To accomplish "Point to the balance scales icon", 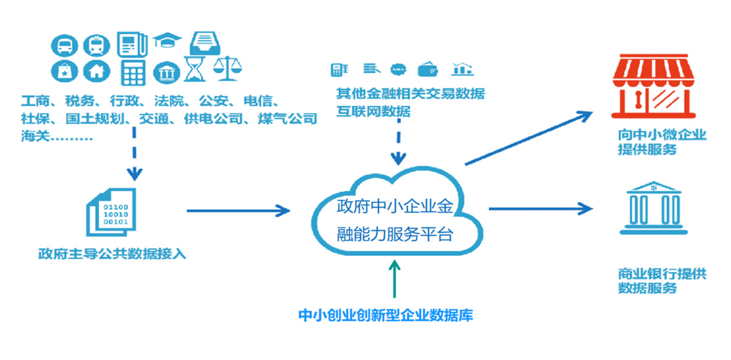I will pos(227,69).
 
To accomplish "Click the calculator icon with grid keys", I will pos(133,73).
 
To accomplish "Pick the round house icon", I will pos(96,71).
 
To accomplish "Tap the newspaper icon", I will pos(133,44).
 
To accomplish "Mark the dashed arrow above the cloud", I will pos(398,143).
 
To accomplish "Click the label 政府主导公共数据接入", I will pos(111,253).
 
